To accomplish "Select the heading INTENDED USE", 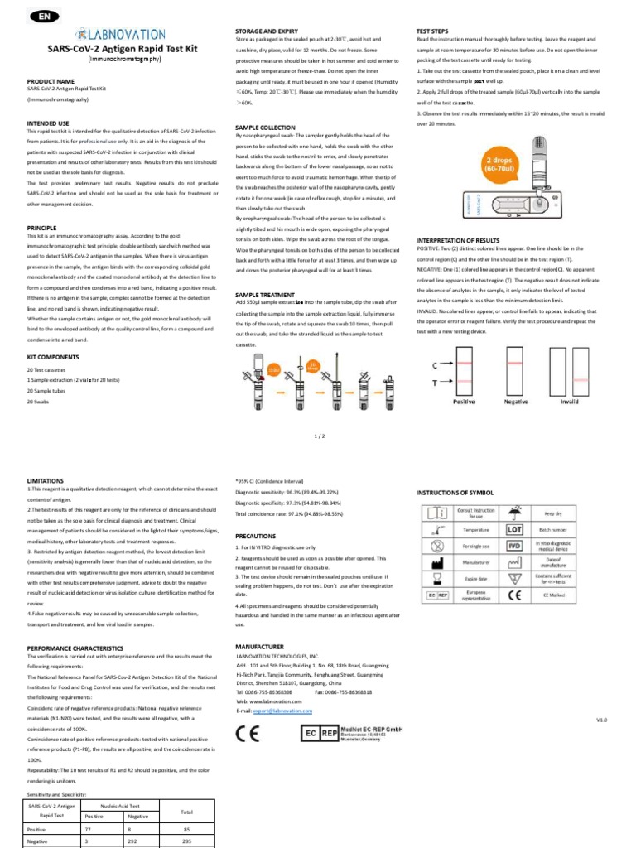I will click(x=48, y=123).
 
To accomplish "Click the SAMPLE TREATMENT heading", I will click(x=265, y=295).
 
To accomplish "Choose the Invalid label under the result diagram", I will click(x=569, y=401).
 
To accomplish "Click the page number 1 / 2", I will click(x=319, y=434).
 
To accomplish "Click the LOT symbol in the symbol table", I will click(x=514, y=528).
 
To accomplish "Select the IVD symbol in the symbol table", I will click(x=514, y=547).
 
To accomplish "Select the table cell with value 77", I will click(x=89, y=828).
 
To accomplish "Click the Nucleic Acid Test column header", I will click(x=119, y=805).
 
